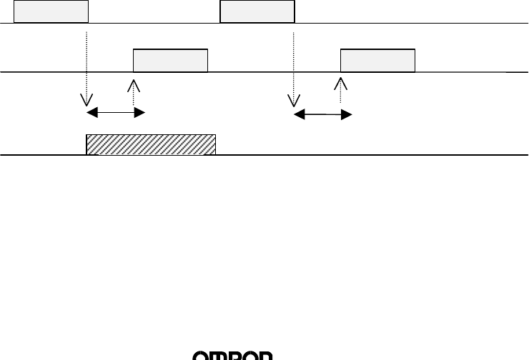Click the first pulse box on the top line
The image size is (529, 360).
(51, 12)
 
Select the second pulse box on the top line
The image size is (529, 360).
(257, 12)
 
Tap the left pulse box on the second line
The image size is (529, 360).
(171, 61)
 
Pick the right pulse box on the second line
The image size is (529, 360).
(377, 61)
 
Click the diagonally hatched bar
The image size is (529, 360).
(151, 144)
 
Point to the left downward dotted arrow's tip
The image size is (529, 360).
(86, 104)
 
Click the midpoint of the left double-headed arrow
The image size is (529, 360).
(116, 113)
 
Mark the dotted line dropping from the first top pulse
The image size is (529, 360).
(86, 64)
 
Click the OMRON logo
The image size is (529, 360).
(233, 356)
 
